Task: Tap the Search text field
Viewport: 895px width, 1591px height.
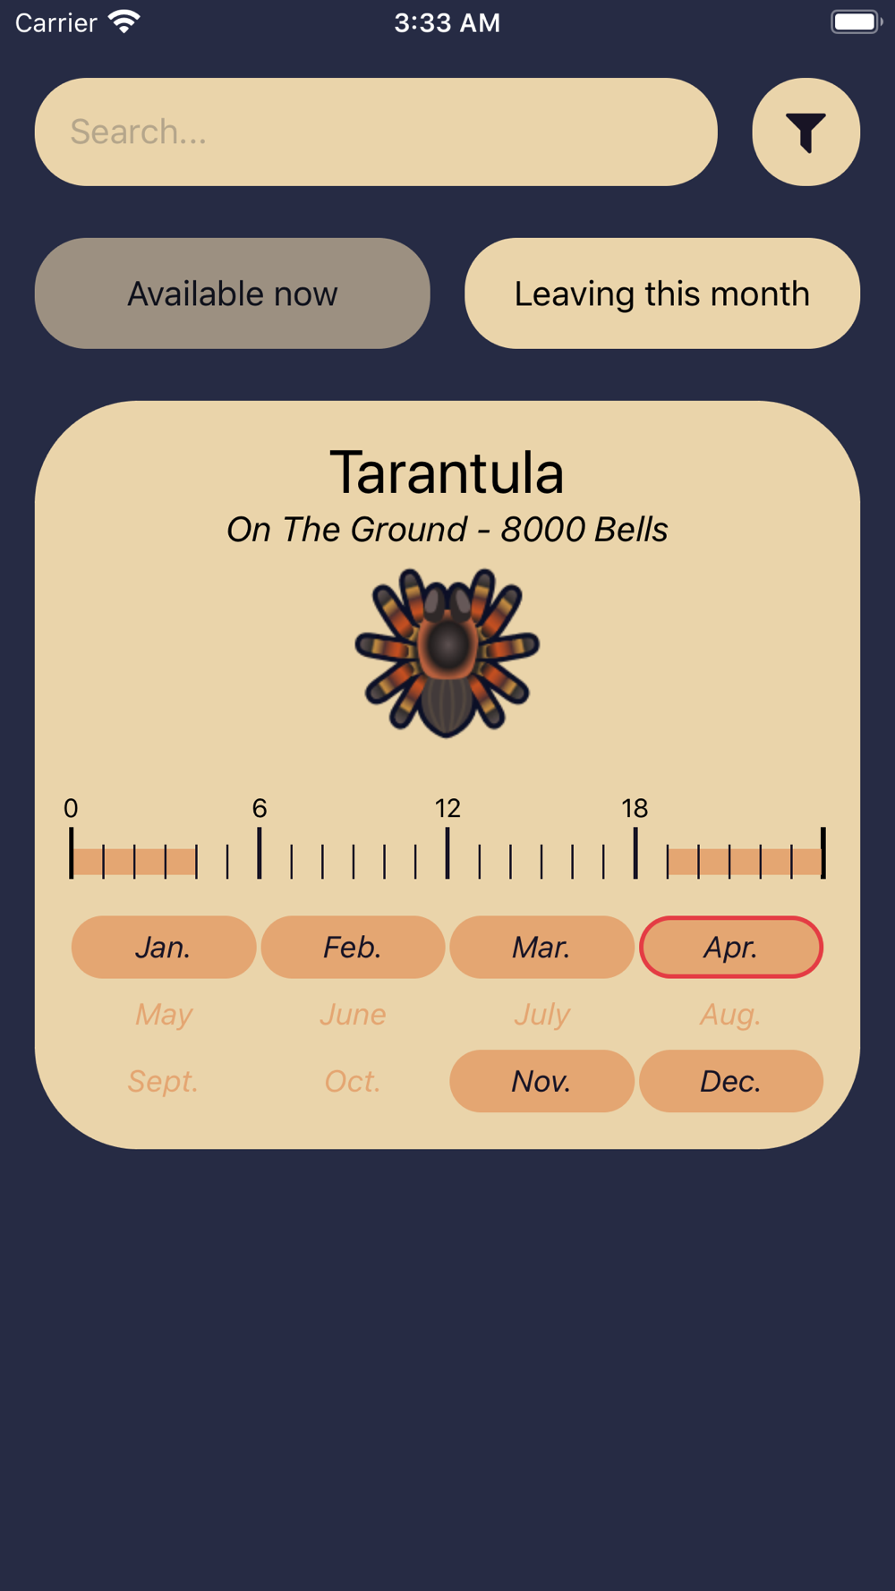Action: [x=376, y=132]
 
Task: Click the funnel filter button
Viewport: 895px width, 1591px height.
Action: [x=805, y=132]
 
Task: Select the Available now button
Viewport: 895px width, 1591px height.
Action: [x=233, y=294]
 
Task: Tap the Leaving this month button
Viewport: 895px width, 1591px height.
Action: [x=662, y=294]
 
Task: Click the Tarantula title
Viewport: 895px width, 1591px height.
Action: [x=447, y=472]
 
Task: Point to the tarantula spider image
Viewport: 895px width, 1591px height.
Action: [x=447, y=652]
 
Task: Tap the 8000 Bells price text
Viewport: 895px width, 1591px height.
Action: [x=584, y=530]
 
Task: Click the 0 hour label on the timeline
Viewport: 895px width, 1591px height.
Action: [x=71, y=809]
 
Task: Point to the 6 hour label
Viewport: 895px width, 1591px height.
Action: [x=260, y=809]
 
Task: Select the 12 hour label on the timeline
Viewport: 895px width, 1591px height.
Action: [x=447, y=809]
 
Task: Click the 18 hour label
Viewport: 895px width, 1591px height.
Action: [x=635, y=809]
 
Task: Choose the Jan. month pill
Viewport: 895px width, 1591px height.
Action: [x=164, y=947]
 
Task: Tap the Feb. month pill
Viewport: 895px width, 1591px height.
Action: [x=353, y=947]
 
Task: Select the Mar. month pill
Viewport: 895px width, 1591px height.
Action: [x=542, y=947]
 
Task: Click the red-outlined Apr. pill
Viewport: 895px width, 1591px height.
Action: [x=731, y=947]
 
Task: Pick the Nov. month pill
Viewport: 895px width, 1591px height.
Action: [x=542, y=1081]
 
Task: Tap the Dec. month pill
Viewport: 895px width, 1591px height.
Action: [x=731, y=1081]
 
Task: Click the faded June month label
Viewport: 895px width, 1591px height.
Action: [x=353, y=1015]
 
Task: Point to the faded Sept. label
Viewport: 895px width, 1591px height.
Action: [x=163, y=1082]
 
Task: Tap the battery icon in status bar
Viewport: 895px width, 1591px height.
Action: [x=857, y=21]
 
